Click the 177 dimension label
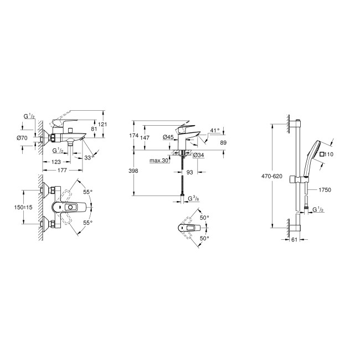[x=62, y=170]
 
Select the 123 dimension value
[x=56, y=162]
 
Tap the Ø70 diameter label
[x=22, y=138]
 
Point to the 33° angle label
[x=90, y=158]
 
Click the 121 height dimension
[x=102, y=124]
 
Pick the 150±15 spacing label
[x=23, y=207]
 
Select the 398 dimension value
[x=133, y=171]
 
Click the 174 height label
[x=134, y=136]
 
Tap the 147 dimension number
[x=145, y=138]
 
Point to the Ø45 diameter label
[x=168, y=137]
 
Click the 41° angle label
[x=215, y=130]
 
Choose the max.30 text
[x=159, y=160]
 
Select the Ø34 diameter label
[x=199, y=156]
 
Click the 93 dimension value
[x=189, y=172]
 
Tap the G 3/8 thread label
[x=193, y=198]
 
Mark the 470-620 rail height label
[x=272, y=176]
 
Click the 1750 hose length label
[x=325, y=190]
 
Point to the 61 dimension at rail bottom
[x=294, y=240]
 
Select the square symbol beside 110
[x=322, y=155]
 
